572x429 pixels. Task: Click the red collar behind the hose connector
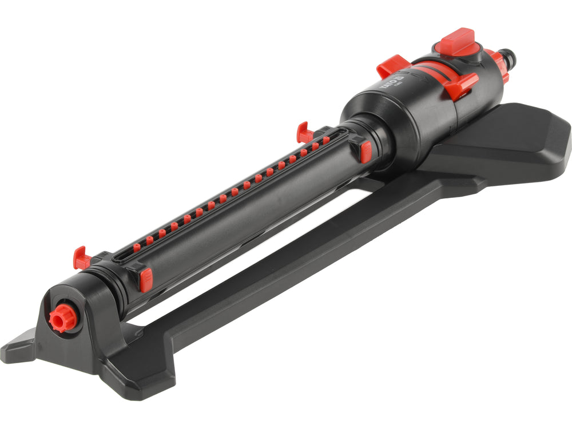pyautogui.click(x=495, y=65)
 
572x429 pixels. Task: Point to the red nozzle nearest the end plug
pyautogui.click(x=137, y=247)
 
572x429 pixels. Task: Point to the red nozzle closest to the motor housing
pyautogui.click(x=326, y=139)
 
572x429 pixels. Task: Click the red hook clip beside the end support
pyautogui.click(x=81, y=259)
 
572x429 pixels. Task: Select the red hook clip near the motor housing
pyautogui.click(x=303, y=134)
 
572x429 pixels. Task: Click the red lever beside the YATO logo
pyautogui.click(x=391, y=66)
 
